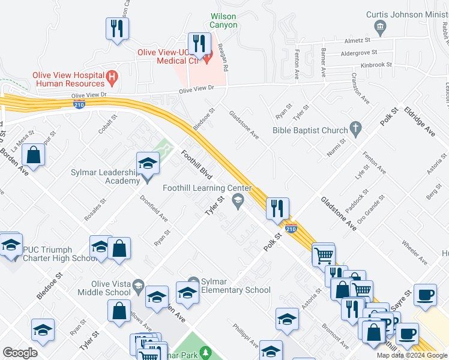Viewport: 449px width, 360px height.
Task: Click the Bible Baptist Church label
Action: click(x=310, y=130)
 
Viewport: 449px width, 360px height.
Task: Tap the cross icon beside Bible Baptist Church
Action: click(x=356, y=128)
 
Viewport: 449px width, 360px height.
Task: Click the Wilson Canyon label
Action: click(x=223, y=20)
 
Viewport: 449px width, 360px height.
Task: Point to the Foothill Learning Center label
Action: click(x=206, y=188)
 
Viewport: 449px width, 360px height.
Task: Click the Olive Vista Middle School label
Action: click(x=104, y=288)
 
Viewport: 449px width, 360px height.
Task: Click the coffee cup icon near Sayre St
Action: click(x=426, y=295)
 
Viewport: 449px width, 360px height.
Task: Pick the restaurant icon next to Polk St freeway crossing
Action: click(x=277, y=208)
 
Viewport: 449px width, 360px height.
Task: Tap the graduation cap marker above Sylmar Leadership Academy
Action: click(x=148, y=163)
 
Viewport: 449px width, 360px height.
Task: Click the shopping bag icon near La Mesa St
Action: click(x=34, y=154)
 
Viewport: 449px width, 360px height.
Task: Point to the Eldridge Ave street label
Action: click(x=420, y=122)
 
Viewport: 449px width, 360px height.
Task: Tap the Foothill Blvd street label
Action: click(x=196, y=165)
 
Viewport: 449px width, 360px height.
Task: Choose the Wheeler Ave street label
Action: click(x=414, y=253)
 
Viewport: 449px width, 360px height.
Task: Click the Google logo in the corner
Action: click(x=20, y=353)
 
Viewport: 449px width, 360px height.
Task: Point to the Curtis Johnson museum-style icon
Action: click(x=379, y=26)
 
